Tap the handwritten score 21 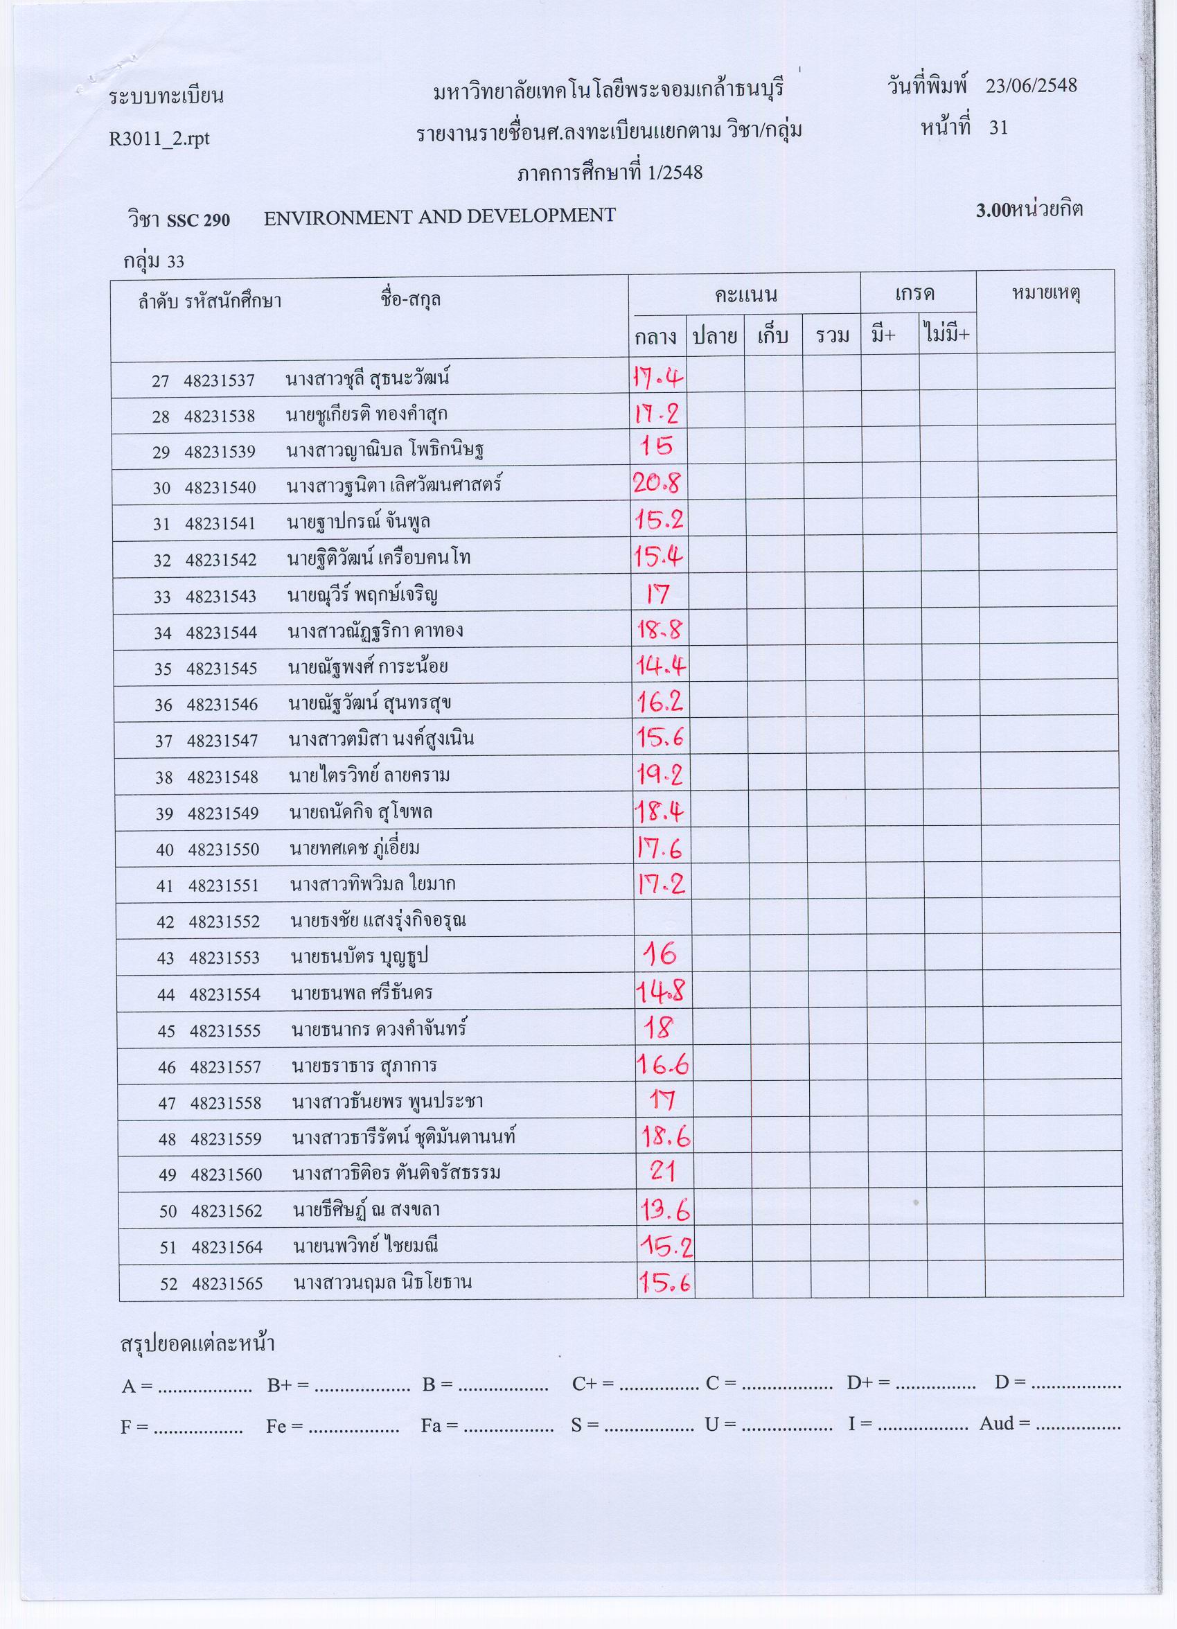[x=662, y=1172]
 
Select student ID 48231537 [x=219, y=380]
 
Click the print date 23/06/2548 [x=1032, y=86]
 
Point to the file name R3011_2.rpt [x=159, y=138]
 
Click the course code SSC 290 [x=198, y=220]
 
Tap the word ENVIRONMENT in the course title [x=335, y=218]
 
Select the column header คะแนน [x=745, y=294]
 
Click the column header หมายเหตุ [x=1045, y=293]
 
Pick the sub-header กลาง [x=655, y=336]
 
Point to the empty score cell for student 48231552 [x=662, y=920]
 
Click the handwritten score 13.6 [x=665, y=1211]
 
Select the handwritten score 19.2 [x=660, y=774]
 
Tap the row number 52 [x=169, y=1283]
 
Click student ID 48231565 [x=227, y=1283]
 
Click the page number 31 [x=998, y=128]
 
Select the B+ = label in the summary [x=288, y=1386]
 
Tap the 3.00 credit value [x=993, y=211]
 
